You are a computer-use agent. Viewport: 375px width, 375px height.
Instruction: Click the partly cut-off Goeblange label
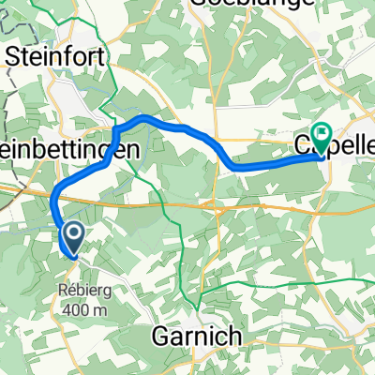pos(238,5)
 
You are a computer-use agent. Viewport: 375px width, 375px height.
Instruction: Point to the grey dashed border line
pos(11,84)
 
